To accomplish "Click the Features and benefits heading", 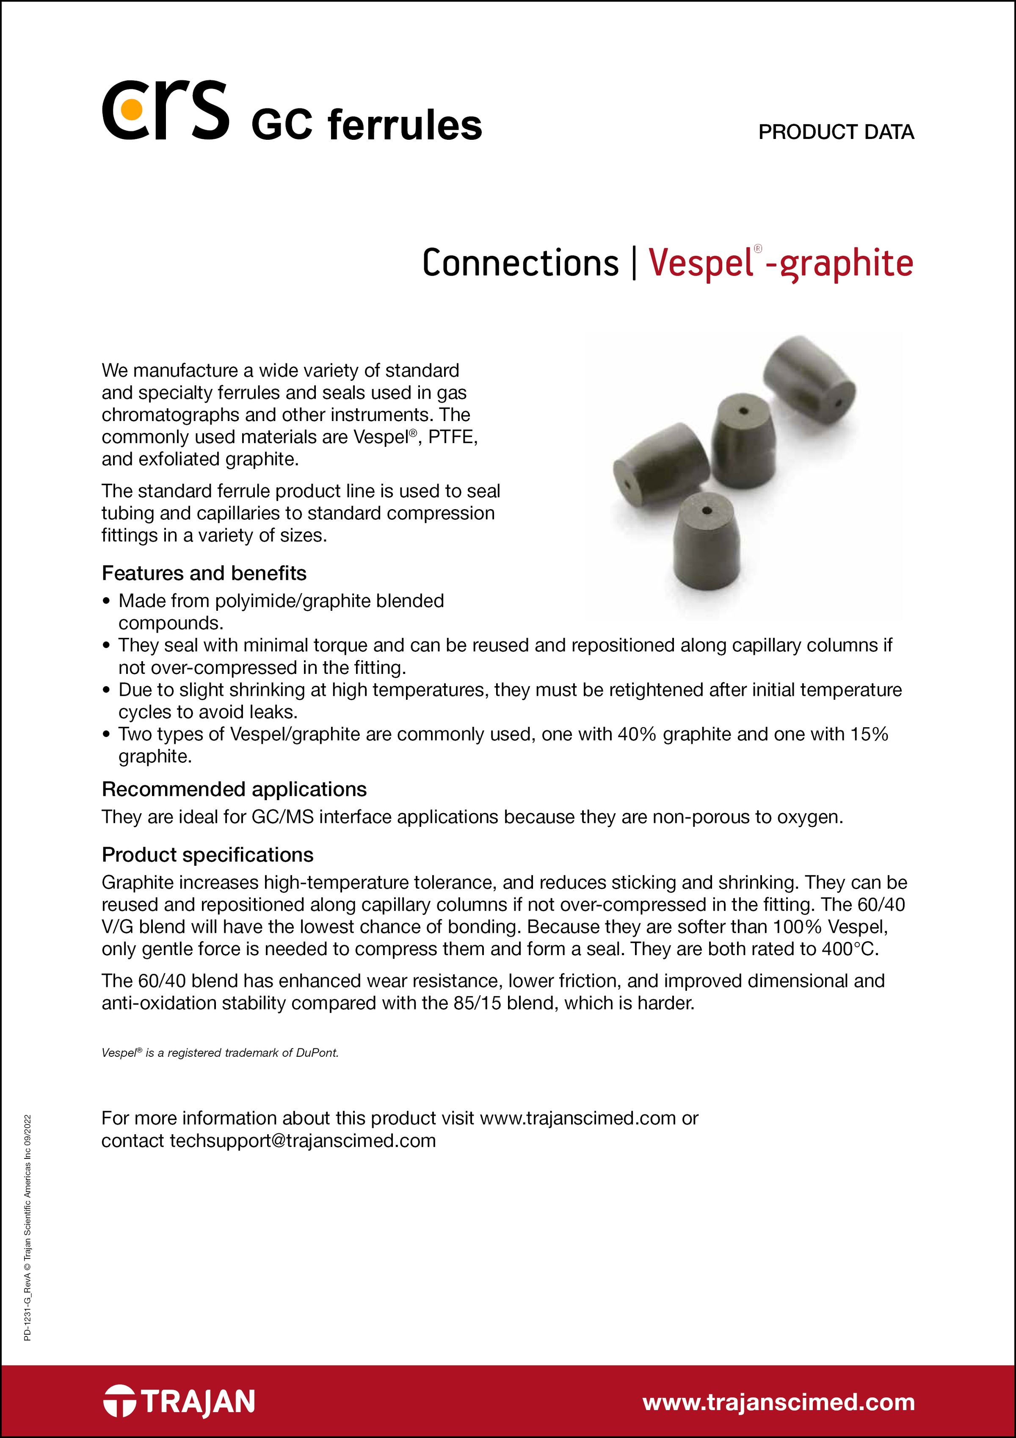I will (x=204, y=573).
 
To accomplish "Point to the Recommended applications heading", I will (x=234, y=789).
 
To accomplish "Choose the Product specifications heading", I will (x=207, y=855).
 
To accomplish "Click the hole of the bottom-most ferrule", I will (x=707, y=510).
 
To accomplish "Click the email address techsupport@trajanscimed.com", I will (x=302, y=1141).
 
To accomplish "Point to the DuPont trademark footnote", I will (x=220, y=1053).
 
